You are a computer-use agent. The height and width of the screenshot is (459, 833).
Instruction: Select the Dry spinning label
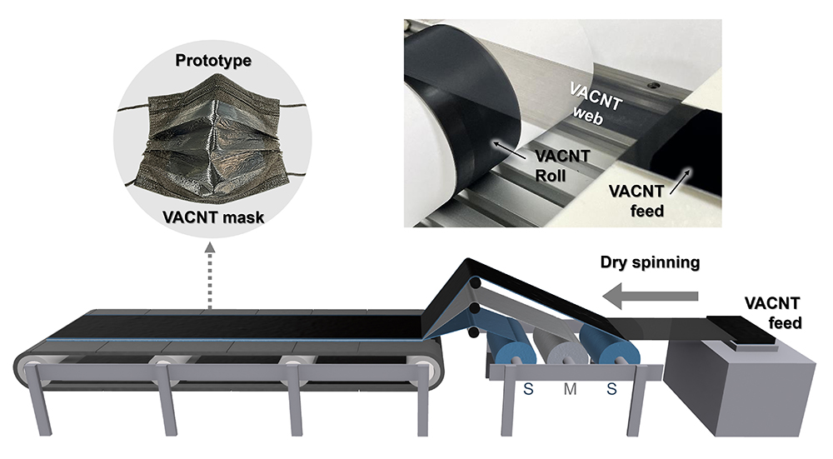click(x=649, y=263)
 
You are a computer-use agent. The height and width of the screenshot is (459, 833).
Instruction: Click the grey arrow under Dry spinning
click(x=651, y=294)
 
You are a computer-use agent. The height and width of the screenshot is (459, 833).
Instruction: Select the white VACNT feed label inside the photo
click(x=641, y=202)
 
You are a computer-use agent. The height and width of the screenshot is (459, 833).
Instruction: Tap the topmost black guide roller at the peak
click(x=474, y=283)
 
